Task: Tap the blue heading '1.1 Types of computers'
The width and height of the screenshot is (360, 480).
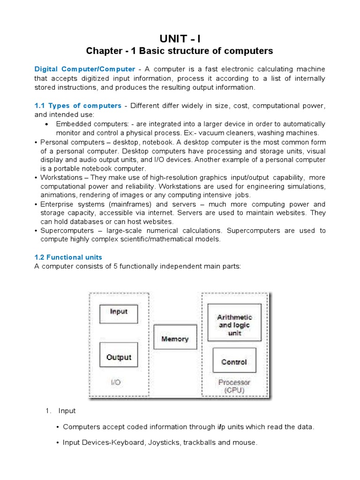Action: point(78,105)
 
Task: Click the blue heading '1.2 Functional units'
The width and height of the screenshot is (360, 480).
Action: point(68,257)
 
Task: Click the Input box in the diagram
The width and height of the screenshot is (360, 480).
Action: point(119,313)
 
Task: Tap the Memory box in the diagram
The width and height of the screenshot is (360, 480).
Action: point(175,339)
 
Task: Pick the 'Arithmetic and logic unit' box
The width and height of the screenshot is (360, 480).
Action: point(234,322)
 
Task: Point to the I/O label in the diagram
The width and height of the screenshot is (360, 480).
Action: point(116,382)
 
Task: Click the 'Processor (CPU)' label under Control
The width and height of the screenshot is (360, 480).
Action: point(234,386)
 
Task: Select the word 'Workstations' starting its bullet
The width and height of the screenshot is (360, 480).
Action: point(61,178)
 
